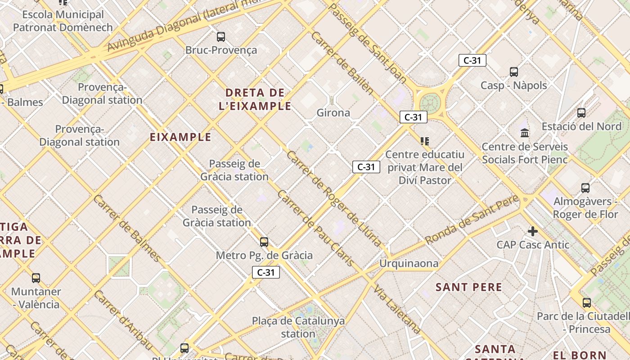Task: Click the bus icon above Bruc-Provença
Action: click(x=220, y=37)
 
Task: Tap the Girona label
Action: click(x=333, y=112)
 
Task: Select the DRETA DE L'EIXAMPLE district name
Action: click(x=258, y=99)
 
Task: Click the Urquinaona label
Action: click(x=409, y=263)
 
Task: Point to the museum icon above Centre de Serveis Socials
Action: click(x=524, y=133)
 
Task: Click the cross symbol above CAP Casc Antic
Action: click(x=533, y=231)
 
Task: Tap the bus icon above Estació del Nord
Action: click(x=581, y=113)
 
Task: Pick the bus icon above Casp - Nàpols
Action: click(x=513, y=72)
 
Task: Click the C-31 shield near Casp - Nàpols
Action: click(x=472, y=60)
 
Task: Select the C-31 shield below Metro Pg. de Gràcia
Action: click(x=265, y=272)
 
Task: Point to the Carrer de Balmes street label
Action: click(x=127, y=229)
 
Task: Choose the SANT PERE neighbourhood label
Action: click(x=468, y=287)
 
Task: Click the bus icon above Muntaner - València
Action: click(x=36, y=278)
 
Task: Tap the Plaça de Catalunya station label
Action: click(x=298, y=327)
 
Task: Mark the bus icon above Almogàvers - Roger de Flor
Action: click(x=585, y=188)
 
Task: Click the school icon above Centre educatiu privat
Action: click(x=424, y=141)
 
